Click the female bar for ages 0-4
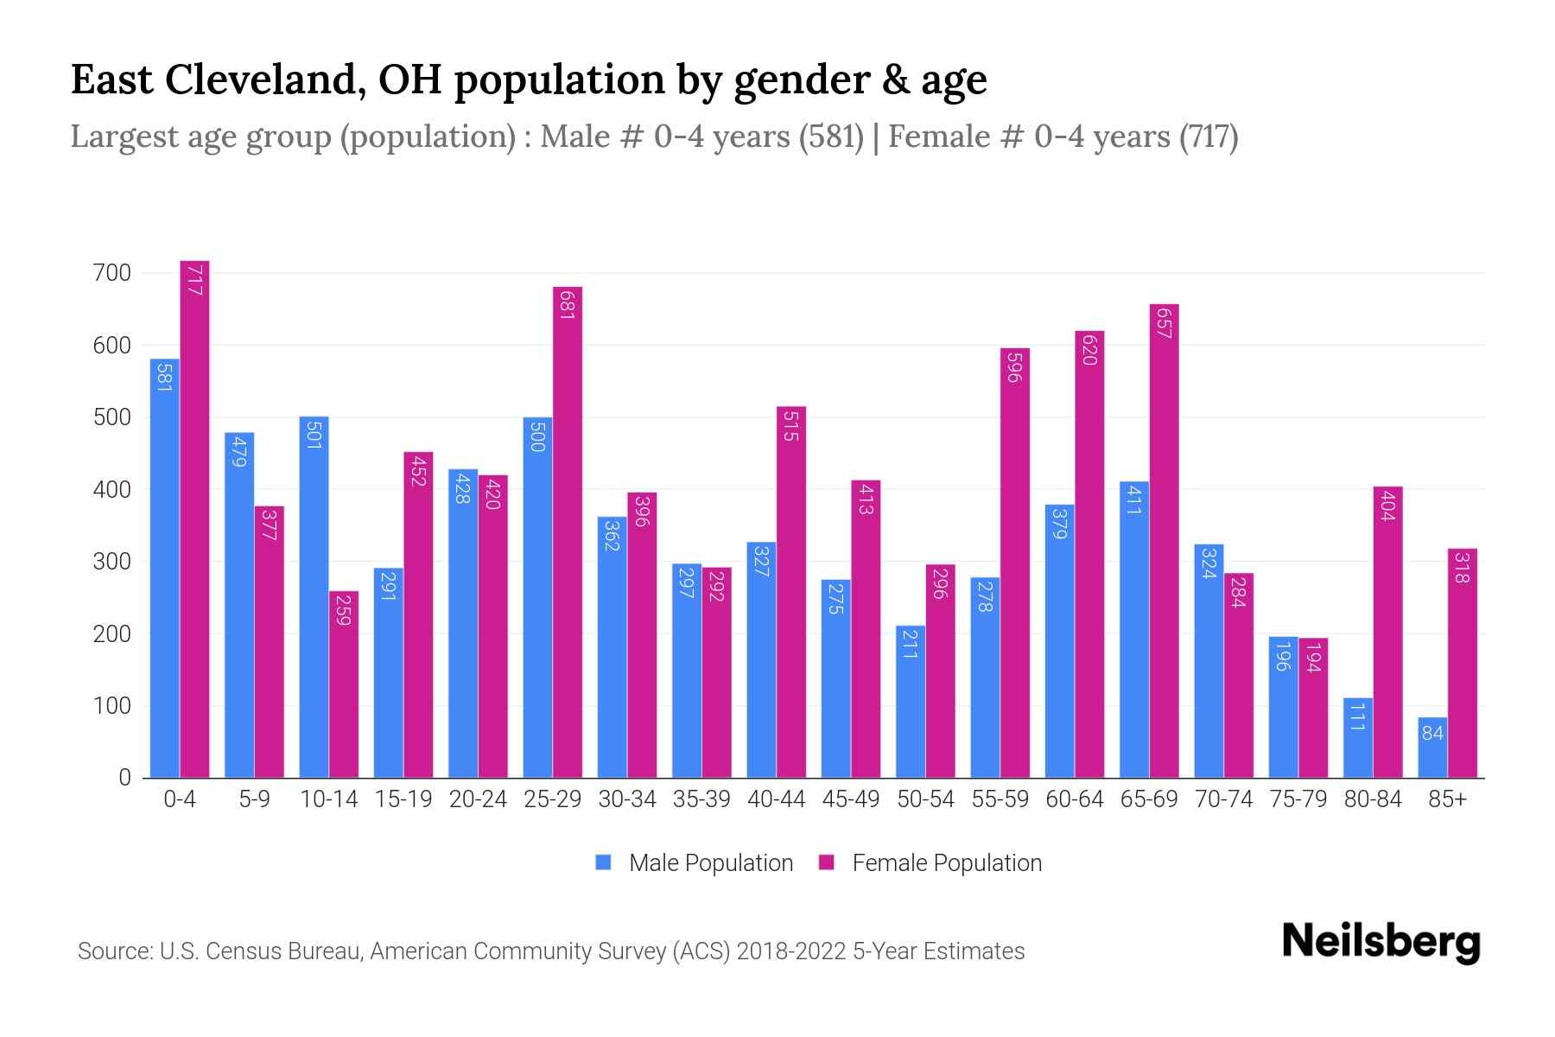(x=194, y=518)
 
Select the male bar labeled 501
(x=314, y=596)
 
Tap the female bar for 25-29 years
(x=568, y=531)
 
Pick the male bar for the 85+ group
(x=1432, y=748)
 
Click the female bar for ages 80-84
(x=1388, y=631)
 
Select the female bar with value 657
(x=1165, y=540)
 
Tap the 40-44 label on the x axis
(x=776, y=799)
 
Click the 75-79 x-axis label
(x=1298, y=799)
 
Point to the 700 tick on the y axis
(x=112, y=273)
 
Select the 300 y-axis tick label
(x=112, y=562)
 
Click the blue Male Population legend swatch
(x=603, y=862)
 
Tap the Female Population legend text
(x=947, y=862)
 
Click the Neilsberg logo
(x=1380, y=942)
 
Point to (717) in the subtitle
(x=1209, y=137)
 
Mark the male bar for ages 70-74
(x=1209, y=661)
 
